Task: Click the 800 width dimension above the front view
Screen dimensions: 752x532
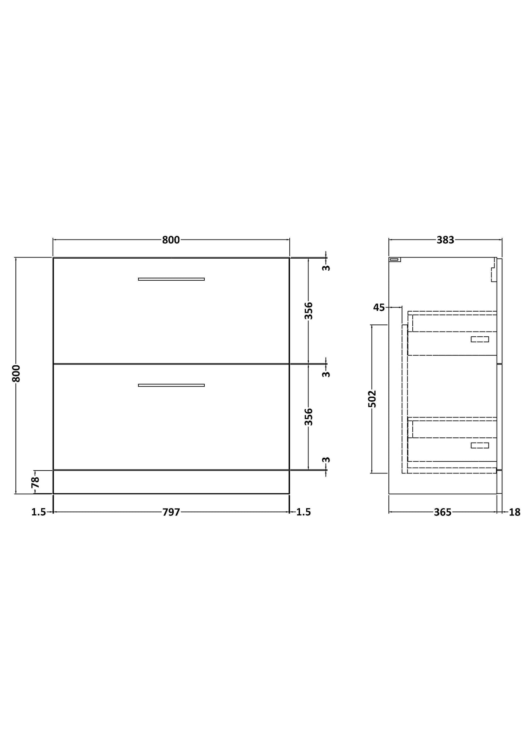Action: pyautogui.click(x=171, y=240)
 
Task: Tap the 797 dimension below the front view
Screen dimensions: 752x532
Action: pyautogui.click(x=171, y=512)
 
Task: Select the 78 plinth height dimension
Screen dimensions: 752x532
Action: pyautogui.click(x=35, y=482)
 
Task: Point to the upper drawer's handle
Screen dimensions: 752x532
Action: pyautogui.click(x=171, y=279)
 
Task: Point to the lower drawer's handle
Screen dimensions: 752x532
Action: pyautogui.click(x=171, y=385)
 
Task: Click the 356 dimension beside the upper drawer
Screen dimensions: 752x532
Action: pyautogui.click(x=309, y=311)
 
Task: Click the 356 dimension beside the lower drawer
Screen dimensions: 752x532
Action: pyautogui.click(x=309, y=417)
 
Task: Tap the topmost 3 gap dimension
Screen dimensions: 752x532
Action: pyautogui.click(x=326, y=268)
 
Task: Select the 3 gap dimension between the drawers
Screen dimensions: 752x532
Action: pyautogui.click(x=326, y=374)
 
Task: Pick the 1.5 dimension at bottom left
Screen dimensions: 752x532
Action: pyautogui.click(x=38, y=512)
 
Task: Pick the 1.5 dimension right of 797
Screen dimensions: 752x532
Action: pyautogui.click(x=304, y=512)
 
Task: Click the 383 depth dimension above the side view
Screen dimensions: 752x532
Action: pyautogui.click(x=445, y=240)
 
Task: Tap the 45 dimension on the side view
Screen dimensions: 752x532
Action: pyautogui.click(x=379, y=307)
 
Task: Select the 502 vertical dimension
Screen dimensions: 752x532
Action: pyautogui.click(x=372, y=399)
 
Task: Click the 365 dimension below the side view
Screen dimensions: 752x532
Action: pyautogui.click(x=443, y=512)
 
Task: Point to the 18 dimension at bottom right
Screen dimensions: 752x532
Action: pyautogui.click(x=515, y=512)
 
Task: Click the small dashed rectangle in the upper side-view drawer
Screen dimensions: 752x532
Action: pyautogui.click(x=480, y=339)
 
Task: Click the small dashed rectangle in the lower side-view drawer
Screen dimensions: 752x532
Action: pyautogui.click(x=480, y=446)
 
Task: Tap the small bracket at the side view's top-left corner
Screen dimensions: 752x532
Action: pyautogui.click(x=395, y=260)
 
